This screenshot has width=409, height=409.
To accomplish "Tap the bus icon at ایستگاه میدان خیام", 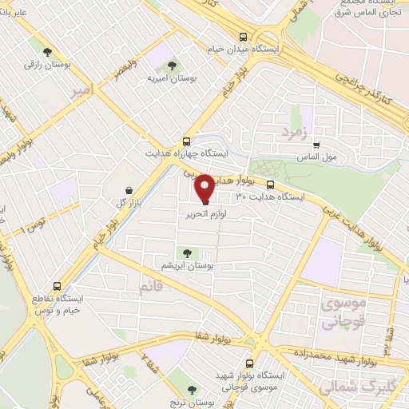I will coord(242,36).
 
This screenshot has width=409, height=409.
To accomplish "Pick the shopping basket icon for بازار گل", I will coord(129,191).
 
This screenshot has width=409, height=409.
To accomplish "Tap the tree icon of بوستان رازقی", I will coord(52,50).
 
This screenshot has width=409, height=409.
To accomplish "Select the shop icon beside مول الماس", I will coord(317,145).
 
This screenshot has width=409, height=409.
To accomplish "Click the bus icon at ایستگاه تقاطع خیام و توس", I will coord(56,285).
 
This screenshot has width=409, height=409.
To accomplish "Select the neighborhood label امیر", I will coord(82,93).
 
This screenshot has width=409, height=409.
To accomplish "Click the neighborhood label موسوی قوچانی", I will coord(344,313).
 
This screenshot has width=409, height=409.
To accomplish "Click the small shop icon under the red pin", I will coord(204,204).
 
